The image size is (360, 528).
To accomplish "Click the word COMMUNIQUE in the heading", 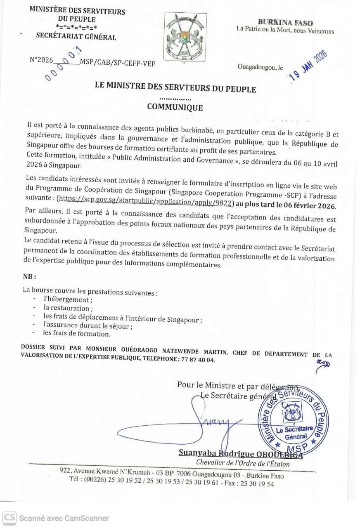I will (x=175, y=108).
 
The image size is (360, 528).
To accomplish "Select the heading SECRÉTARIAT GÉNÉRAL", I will (x=76, y=37).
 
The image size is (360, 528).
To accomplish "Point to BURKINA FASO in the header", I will (x=285, y=23).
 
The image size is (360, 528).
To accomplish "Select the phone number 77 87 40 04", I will (x=198, y=360).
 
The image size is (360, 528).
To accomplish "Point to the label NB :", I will (x=29, y=276).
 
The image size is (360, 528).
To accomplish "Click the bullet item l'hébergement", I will (x=68, y=300).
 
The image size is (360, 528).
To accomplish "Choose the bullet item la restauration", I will (x=68, y=308).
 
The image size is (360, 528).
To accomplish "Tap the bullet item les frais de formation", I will (x=77, y=334).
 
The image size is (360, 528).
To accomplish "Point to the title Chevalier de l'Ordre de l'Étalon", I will (x=243, y=463).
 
